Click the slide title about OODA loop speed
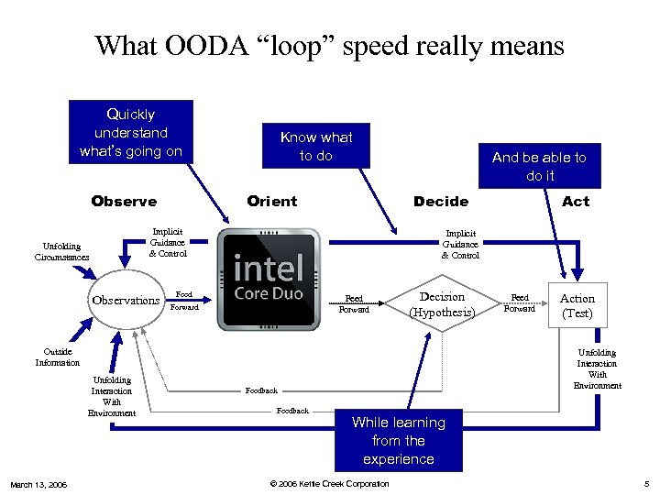pyautogui.click(x=329, y=45)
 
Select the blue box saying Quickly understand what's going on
pyautogui.click(x=131, y=132)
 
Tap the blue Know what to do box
pyautogui.click(x=316, y=146)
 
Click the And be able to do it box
pyautogui.click(x=539, y=166)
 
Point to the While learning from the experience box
pyautogui.click(x=398, y=440)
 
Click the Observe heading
pyautogui.click(x=124, y=201)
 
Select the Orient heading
pyautogui.click(x=272, y=201)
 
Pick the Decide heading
pyautogui.click(x=441, y=201)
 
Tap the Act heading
pyautogui.click(x=576, y=201)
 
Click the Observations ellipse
pyautogui.click(x=126, y=301)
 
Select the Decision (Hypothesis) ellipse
pyautogui.click(x=442, y=304)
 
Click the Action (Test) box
pyautogui.click(x=577, y=305)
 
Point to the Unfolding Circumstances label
pyautogui.click(x=62, y=251)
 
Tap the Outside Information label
pyautogui.click(x=58, y=357)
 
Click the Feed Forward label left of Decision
pyautogui.click(x=354, y=303)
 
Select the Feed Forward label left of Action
pyautogui.click(x=520, y=303)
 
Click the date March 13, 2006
pyautogui.click(x=38, y=484)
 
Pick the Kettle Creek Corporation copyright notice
pyautogui.click(x=329, y=484)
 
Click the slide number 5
pyautogui.click(x=645, y=484)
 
